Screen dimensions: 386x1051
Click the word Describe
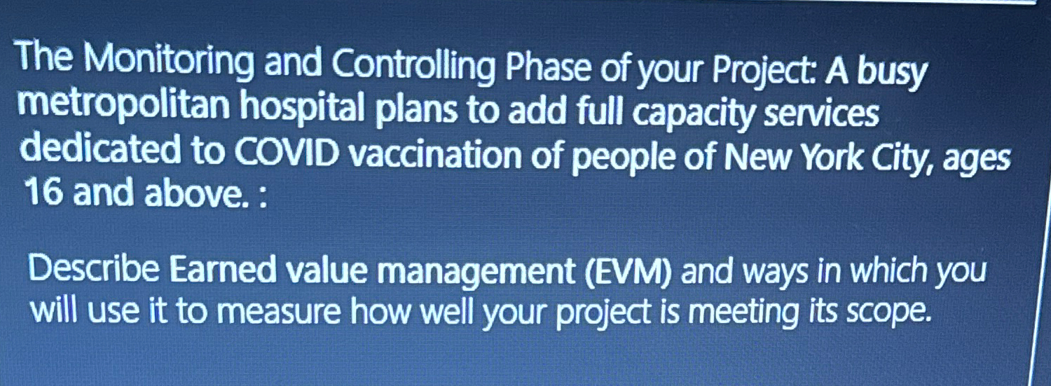click(x=94, y=269)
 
